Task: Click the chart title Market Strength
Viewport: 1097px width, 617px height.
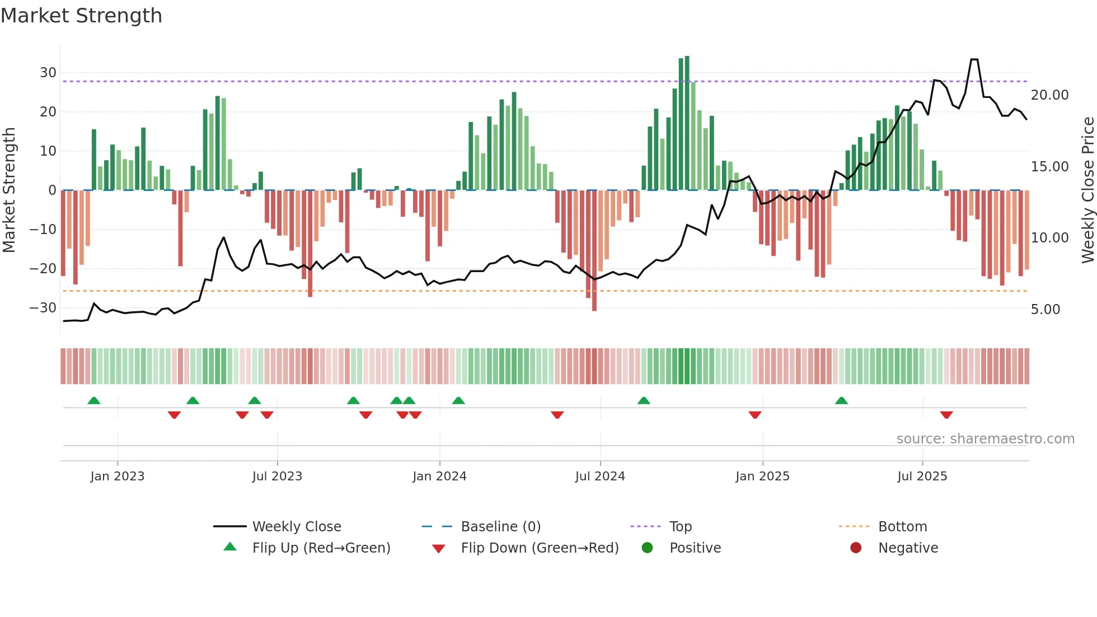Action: click(x=81, y=16)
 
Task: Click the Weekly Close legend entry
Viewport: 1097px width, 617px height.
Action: click(x=296, y=527)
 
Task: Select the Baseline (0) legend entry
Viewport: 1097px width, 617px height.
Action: click(x=500, y=527)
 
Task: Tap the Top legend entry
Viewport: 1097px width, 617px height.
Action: click(x=680, y=527)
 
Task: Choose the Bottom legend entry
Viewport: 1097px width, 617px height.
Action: click(x=902, y=527)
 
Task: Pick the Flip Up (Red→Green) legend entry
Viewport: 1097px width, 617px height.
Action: click(x=321, y=548)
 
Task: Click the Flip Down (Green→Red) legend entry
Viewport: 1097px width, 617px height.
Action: click(x=540, y=548)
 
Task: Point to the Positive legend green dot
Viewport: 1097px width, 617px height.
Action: click(x=647, y=548)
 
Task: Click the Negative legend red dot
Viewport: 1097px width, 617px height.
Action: click(x=856, y=548)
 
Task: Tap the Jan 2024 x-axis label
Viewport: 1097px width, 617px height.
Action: click(x=439, y=476)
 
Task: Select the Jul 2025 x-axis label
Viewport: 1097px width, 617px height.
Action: click(x=922, y=476)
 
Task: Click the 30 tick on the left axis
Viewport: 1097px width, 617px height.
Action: click(x=48, y=73)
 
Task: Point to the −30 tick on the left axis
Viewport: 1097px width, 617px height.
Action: click(x=43, y=308)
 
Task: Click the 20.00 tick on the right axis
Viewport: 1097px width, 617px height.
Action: click(x=1049, y=95)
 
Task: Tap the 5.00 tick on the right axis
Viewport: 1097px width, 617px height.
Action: click(x=1045, y=310)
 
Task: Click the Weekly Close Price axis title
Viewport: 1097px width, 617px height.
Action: click(x=1087, y=190)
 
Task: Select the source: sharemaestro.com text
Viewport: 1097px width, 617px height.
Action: click(x=985, y=439)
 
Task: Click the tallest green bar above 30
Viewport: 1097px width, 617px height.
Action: click(x=687, y=123)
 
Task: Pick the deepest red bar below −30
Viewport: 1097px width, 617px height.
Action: click(x=594, y=252)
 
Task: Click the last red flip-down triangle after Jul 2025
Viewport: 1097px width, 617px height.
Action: click(x=946, y=415)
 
